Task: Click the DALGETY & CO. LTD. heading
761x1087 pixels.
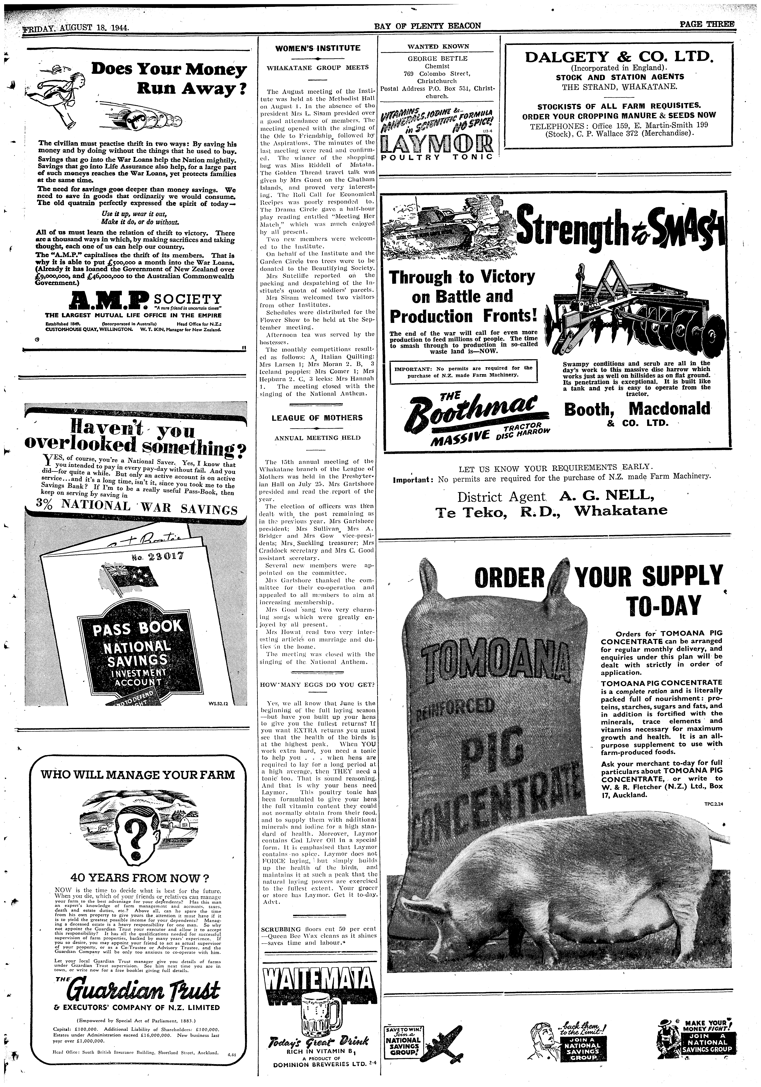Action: [x=620, y=57]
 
